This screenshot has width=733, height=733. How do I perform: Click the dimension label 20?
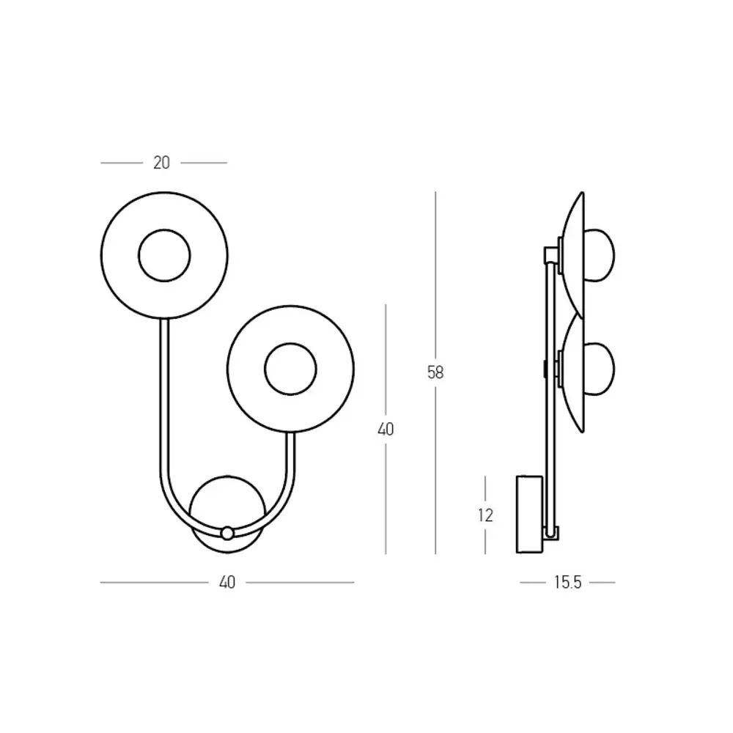[161, 163]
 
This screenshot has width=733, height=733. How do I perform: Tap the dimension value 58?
[435, 372]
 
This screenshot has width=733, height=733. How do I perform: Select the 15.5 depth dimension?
[567, 583]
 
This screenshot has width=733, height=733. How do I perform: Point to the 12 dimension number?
[486, 515]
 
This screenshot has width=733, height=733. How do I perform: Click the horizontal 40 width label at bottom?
[227, 583]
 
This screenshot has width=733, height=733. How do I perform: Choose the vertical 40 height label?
[386, 429]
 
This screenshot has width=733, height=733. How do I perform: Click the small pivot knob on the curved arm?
[227, 533]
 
